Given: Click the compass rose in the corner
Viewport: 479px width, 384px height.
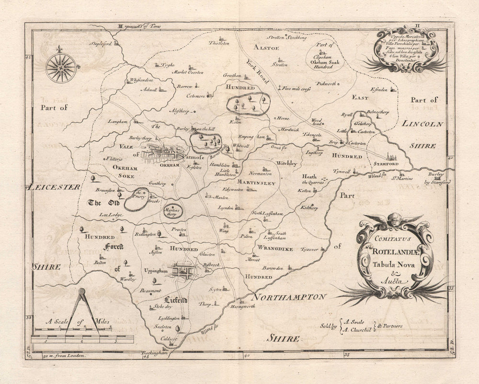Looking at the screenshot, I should [61, 68].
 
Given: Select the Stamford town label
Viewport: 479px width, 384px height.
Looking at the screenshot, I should [388, 164].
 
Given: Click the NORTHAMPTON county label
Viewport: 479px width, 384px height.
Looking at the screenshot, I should [290, 297].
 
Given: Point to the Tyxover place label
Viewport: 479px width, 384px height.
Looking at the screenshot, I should [309, 249].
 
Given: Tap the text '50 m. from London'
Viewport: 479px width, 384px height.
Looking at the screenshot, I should [64, 356].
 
